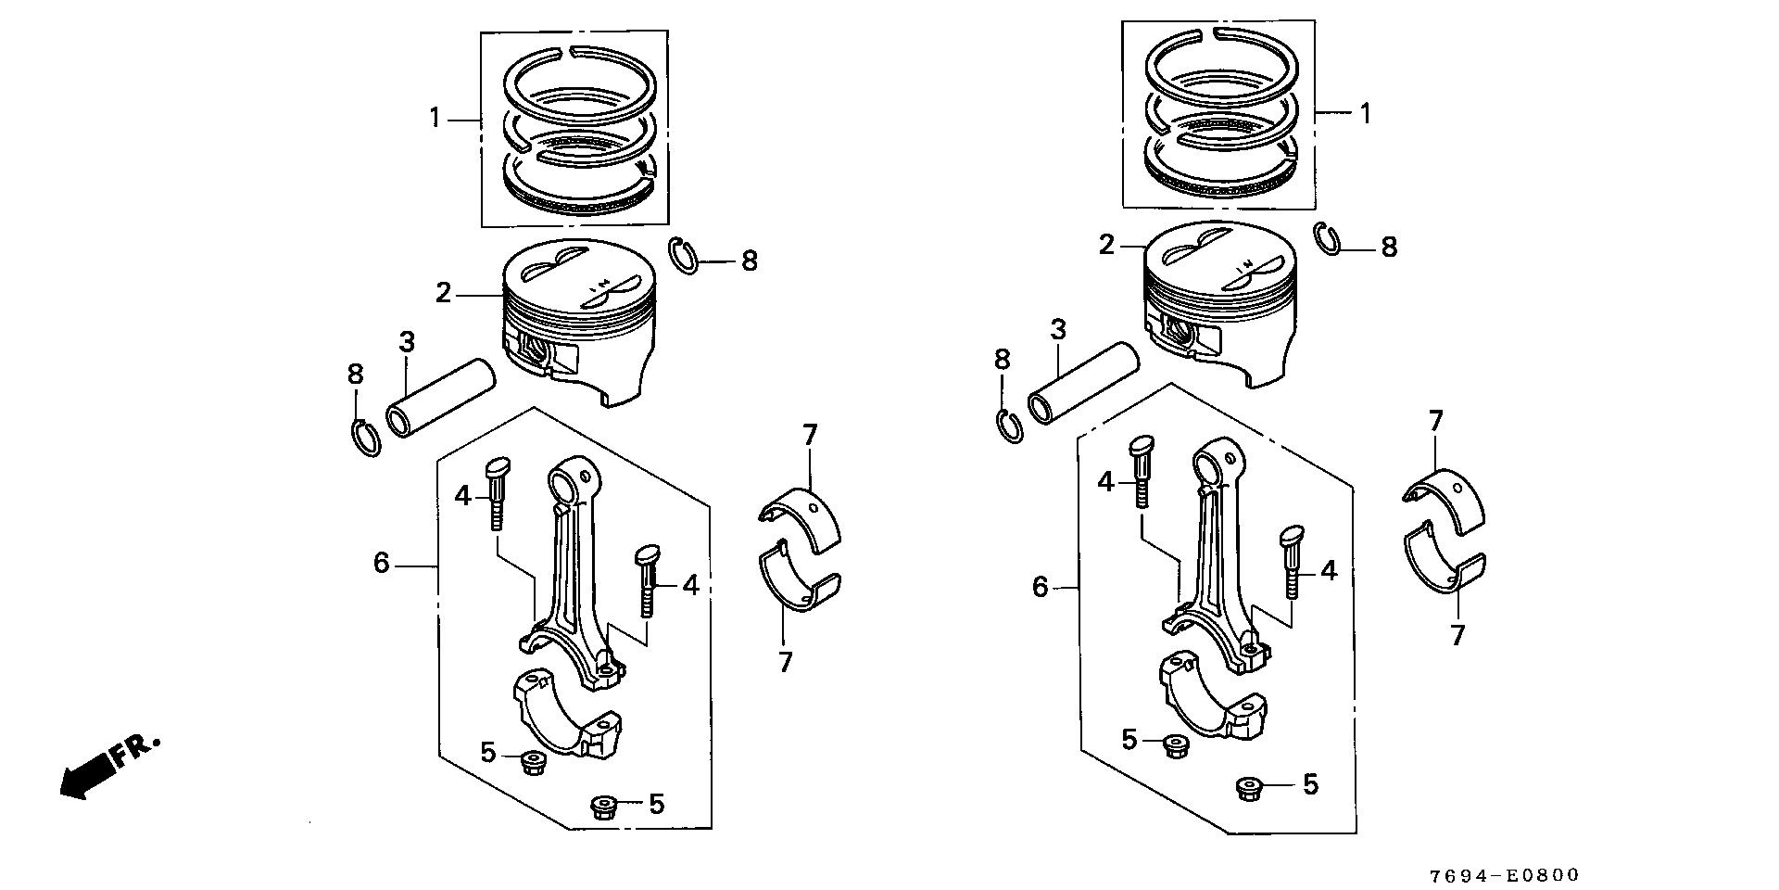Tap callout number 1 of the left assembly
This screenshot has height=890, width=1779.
click(434, 119)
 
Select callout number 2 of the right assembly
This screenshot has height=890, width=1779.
click(1106, 246)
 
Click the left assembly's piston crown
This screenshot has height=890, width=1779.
click(579, 279)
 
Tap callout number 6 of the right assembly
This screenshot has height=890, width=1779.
click(1040, 587)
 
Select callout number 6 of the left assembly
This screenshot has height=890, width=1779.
click(382, 563)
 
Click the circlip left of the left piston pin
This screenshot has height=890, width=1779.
click(367, 439)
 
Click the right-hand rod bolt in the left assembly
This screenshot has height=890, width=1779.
click(647, 580)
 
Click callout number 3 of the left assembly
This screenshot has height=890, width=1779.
click(406, 341)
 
